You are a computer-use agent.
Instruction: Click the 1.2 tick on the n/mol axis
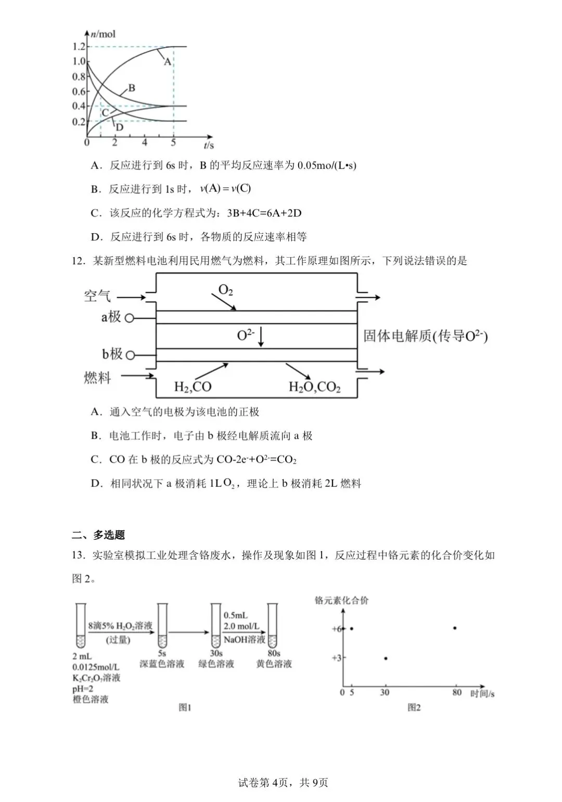[79, 47]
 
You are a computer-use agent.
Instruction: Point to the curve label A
[168, 61]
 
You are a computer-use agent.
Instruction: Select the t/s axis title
[209, 145]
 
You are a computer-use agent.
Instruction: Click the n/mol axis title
[103, 34]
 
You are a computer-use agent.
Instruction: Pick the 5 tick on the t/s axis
[173, 143]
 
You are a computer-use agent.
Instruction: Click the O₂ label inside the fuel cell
[225, 290]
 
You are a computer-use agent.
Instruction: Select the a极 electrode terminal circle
[129, 317]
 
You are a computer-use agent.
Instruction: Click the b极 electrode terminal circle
[130, 355]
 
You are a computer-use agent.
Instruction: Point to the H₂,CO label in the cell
[193, 387]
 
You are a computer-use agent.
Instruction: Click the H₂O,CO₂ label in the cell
[314, 387]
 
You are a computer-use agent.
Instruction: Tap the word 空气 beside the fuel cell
[98, 296]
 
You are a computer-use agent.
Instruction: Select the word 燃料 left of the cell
[98, 377]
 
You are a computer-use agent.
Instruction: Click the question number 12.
[78, 261]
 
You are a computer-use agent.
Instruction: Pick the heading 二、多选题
[98, 534]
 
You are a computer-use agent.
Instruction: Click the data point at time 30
[386, 658]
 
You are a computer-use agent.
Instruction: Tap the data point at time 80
[455, 628]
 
